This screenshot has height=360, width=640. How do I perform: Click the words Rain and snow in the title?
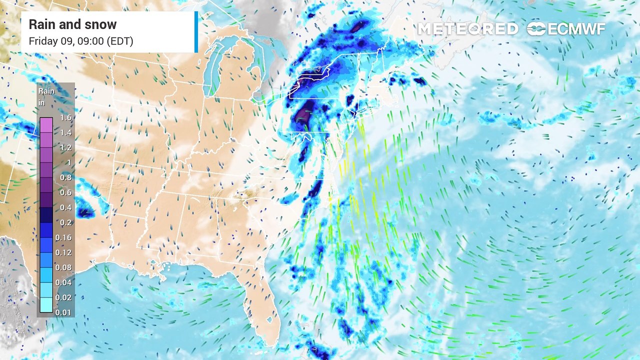click(72, 24)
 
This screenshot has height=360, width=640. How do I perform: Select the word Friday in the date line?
click(43, 41)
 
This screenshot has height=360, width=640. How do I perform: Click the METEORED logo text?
click(467, 29)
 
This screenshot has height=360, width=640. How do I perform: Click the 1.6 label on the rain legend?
click(65, 118)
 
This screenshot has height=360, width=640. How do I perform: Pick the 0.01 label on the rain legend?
click(65, 312)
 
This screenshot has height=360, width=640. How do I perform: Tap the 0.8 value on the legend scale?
click(65, 177)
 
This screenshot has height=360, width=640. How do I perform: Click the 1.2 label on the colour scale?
click(65, 148)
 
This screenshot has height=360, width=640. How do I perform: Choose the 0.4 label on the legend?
click(65, 207)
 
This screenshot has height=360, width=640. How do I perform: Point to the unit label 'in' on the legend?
click(41, 102)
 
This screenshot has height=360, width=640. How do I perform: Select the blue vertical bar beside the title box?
click(196, 32)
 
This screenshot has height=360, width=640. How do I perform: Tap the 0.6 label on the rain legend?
click(65, 192)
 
